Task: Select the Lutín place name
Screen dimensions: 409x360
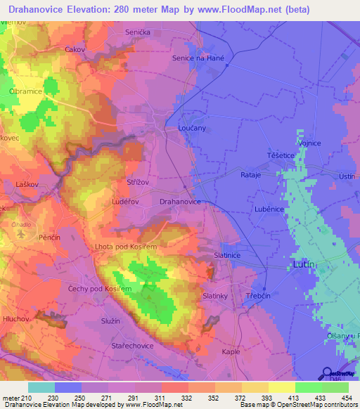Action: (303, 264)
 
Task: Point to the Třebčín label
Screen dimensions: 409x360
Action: (258, 297)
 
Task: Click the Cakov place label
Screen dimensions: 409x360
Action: (75, 49)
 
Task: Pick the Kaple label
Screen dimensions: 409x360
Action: (231, 351)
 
